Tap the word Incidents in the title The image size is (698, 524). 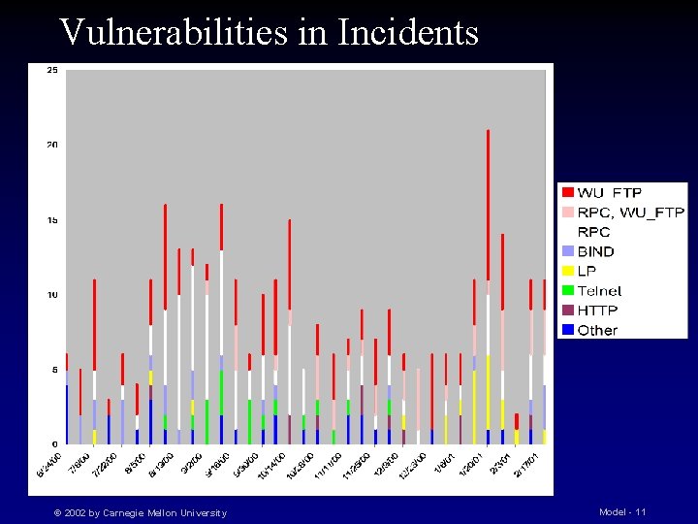pyautogui.click(x=408, y=32)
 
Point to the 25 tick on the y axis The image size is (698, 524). pyautogui.click(x=51, y=70)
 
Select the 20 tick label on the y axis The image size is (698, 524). pyautogui.click(x=51, y=145)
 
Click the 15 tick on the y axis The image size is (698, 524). pyautogui.click(x=51, y=220)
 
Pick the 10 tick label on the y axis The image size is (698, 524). pyautogui.click(x=51, y=295)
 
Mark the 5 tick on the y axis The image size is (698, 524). pyautogui.click(x=53, y=370)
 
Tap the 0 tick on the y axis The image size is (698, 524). pyautogui.click(x=53, y=444)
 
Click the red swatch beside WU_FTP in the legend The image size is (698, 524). pyautogui.click(x=567, y=193)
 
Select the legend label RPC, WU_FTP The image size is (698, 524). pyautogui.click(x=631, y=213)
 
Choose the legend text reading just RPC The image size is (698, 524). pyautogui.click(x=594, y=232)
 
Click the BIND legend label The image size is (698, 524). pyautogui.click(x=596, y=251)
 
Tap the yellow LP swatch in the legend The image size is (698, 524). pyautogui.click(x=567, y=271)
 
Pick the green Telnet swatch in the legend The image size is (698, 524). pyautogui.click(x=567, y=290)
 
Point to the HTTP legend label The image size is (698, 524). pyautogui.click(x=597, y=311)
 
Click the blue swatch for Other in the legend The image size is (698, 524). pyautogui.click(x=567, y=330)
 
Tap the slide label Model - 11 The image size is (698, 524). pyautogui.click(x=622, y=511)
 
